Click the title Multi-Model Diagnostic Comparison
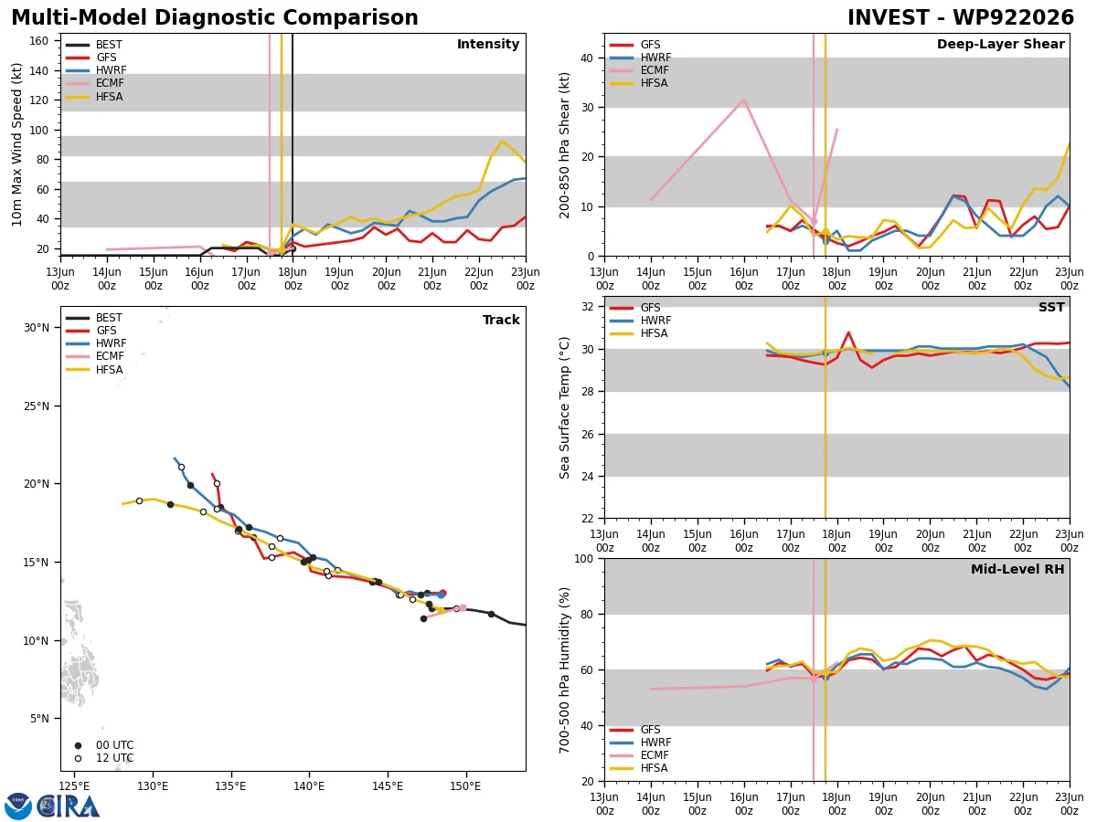point(215,17)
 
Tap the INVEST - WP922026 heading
point(961,17)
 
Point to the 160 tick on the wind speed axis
point(38,41)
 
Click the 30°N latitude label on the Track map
point(37,328)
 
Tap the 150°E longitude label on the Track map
point(465,787)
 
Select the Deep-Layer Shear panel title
point(1000,44)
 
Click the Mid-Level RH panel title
point(1017,569)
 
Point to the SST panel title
point(1051,307)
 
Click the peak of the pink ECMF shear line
point(744,100)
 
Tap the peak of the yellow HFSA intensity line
point(502,142)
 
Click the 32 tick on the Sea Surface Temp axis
point(587,307)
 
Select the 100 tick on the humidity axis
point(584,558)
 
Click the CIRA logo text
point(68,806)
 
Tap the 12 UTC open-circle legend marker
point(78,759)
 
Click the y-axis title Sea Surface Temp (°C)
point(564,408)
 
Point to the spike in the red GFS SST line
point(848,332)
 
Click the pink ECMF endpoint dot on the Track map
point(463,608)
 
